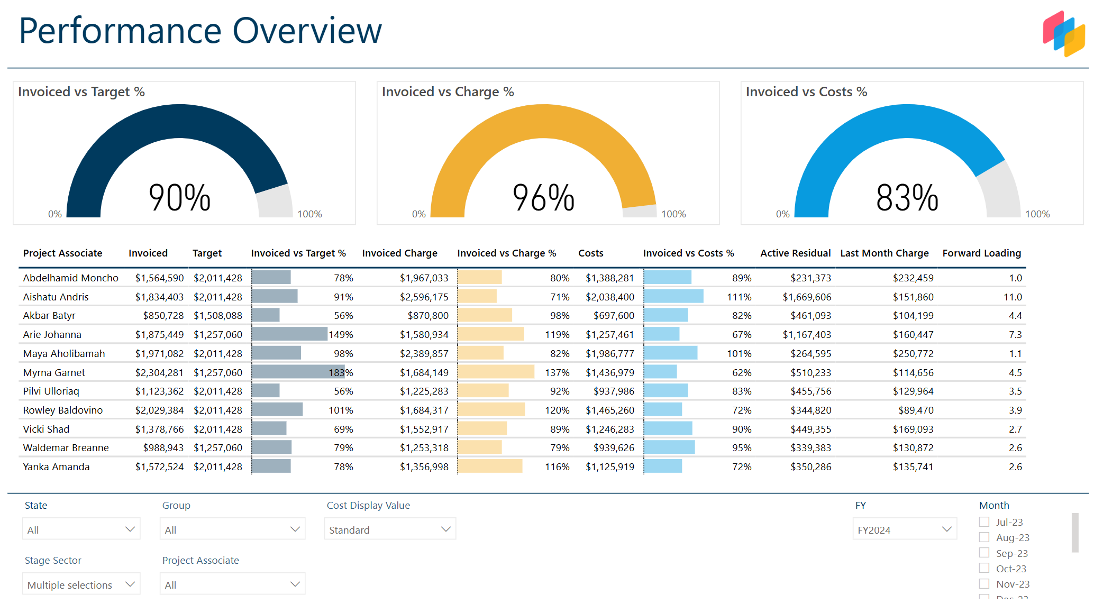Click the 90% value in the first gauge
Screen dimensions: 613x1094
coord(179,198)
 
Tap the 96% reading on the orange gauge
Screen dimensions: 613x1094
coord(543,198)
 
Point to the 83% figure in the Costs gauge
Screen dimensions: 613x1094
coord(907,198)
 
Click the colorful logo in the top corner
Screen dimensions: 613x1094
coord(1063,33)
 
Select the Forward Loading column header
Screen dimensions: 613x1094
coord(981,253)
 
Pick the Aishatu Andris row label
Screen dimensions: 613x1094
coord(56,297)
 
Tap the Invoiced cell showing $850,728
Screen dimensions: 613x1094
coord(163,316)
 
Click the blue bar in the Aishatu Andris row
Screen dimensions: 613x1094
coord(673,296)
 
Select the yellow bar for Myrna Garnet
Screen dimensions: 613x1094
coord(496,372)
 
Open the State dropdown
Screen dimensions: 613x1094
coord(81,529)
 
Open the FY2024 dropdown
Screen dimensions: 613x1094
coord(904,529)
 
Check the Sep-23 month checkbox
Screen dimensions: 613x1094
coord(984,553)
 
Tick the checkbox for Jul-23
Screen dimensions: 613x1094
coord(984,522)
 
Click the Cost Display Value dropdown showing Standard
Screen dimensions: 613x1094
coord(390,529)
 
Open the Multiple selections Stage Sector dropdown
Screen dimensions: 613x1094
coord(81,584)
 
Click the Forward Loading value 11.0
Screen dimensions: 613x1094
coord(1013,297)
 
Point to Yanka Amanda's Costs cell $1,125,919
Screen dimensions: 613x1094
coord(609,467)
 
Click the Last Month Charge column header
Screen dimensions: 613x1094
coord(884,253)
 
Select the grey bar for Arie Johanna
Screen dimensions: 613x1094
coord(289,334)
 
